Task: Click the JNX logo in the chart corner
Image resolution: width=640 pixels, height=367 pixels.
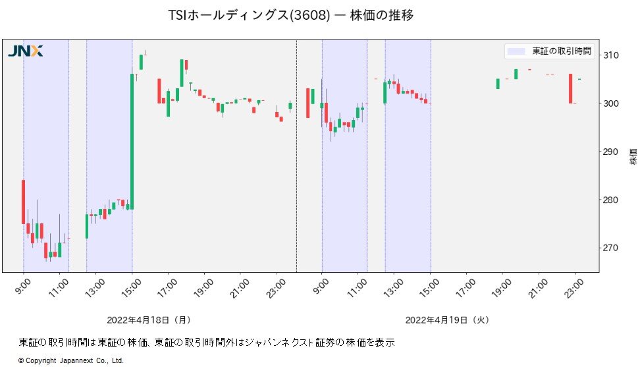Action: click(x=25, y=51)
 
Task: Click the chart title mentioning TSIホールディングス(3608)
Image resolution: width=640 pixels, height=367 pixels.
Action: click(x=291, y=15)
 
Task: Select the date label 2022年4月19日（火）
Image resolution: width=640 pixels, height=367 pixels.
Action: click(x=448, y=320)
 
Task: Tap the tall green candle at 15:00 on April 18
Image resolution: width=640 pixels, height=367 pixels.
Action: click(x=132, y=141)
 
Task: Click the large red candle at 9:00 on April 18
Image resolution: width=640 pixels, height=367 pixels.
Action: click(x=23, y=202)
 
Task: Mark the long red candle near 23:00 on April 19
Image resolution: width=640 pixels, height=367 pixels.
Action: click(x=570, y=88)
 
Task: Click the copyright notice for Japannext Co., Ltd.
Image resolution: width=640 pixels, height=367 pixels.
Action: click(x=71, y=360)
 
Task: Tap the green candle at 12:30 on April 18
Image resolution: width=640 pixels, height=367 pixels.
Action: click(x=87, y=226)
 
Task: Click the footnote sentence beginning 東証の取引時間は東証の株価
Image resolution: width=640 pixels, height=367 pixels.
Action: click(x=206, y=342)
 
